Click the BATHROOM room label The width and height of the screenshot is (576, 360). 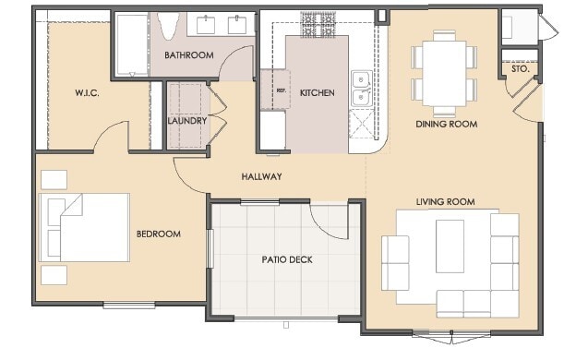click(x=188, y=55)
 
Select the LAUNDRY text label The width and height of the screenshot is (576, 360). click(x=186, y=121)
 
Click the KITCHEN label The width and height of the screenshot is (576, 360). click(x=317, y=93)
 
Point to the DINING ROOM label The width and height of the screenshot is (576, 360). click(x=446, y=124)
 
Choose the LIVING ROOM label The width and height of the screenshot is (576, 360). click(x=445, y=201)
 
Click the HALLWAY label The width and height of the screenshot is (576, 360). click(x=261, y=176)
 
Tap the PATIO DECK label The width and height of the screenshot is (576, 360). click(x=286, y=259)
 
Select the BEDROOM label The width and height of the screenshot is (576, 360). click(x=158, y=234)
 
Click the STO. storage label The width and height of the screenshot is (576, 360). click(x=520, y=69)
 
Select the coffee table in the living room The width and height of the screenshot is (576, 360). click(x=450, y=246)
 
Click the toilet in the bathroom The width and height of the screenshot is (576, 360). click(x=169, y=26)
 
